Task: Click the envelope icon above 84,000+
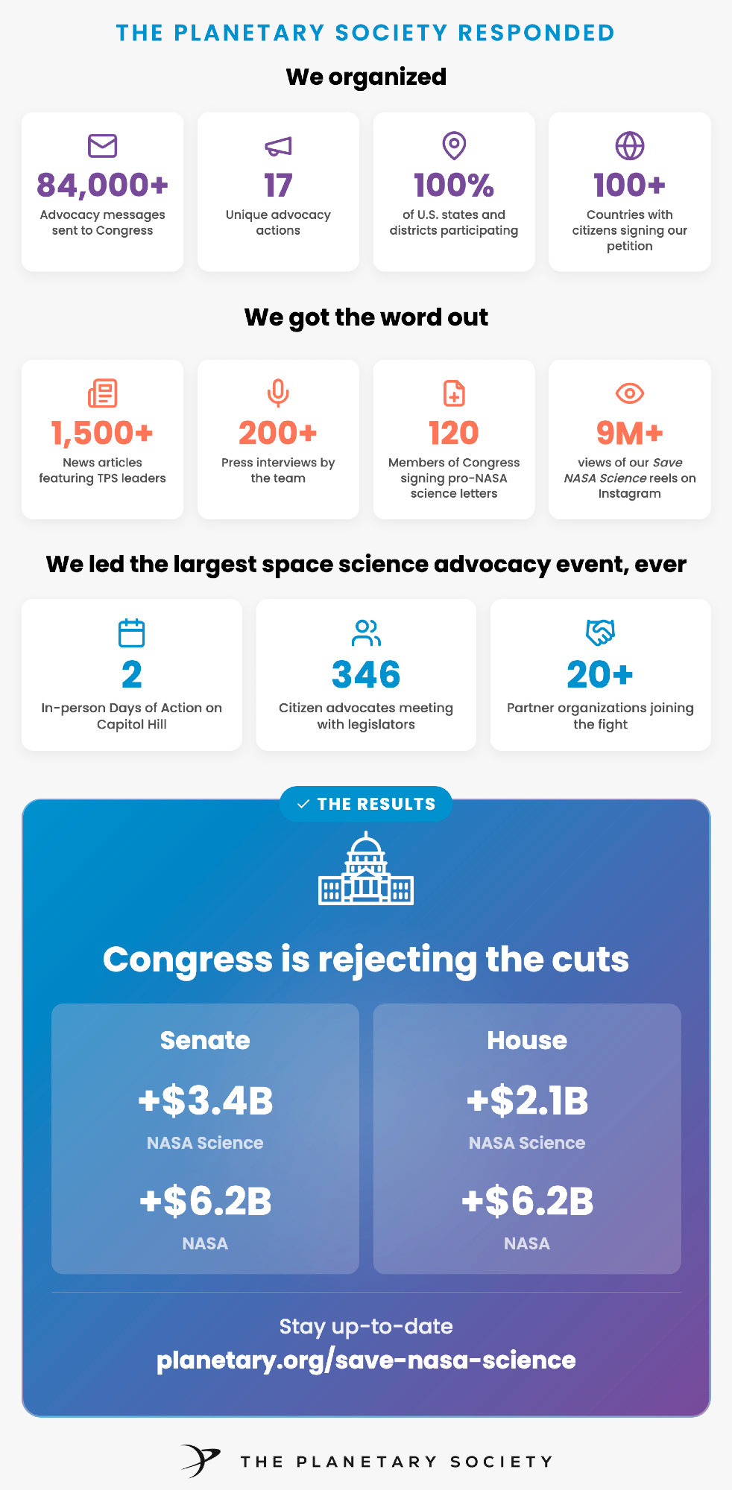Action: [x=102, y=146]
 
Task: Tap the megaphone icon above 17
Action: [x=278, y=147]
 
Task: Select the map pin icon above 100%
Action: [x=454, y=146]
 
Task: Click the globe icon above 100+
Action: [x=630, y=146]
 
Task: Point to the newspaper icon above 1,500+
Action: [x=102, y=393]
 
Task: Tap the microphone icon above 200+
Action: [x=278, y=393]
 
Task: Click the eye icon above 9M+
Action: [x=630, y=393]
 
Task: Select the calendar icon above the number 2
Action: [x=132, y=633]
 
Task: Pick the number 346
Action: [x=366, y=675]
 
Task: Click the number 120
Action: [x=454, y=433]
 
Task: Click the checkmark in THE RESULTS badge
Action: [x=303, y=805]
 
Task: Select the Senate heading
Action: [x=205, y=1040]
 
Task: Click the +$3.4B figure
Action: [x=205, y=1100]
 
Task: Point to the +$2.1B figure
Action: [x=527, y=1100]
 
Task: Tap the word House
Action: [x=527, y=1040]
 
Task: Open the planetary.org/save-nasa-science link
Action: [x=366, y=1360]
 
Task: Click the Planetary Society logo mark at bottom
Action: [x=200, y=1460]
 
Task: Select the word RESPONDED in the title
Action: [x=536, y=34]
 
